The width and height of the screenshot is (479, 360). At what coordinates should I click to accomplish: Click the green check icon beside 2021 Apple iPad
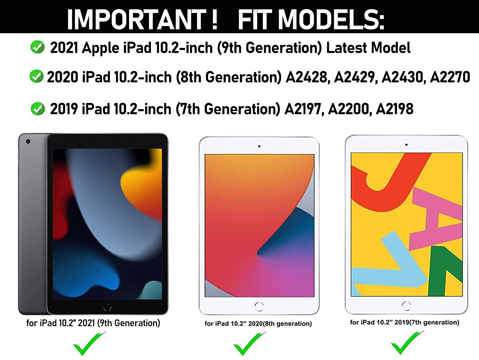(x=37, y=47)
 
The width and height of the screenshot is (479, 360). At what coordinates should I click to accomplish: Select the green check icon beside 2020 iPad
(x=37, y=76)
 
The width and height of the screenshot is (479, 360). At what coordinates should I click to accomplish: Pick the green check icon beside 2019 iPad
(x=38, y=109)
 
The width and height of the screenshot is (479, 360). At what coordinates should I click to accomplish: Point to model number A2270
(x=450, y=77)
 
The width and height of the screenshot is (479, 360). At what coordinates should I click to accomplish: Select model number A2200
(x=350, y=109)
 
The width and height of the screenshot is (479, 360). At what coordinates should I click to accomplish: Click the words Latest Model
(x=368, y=48)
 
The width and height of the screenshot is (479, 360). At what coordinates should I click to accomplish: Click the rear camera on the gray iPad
(x=28, y=141)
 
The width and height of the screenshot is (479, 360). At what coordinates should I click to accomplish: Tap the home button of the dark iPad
(x=107, y=307)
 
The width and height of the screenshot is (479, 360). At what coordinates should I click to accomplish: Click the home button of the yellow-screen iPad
(x=406, y=306)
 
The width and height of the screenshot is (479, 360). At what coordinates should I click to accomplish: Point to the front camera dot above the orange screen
(x=259, y=146)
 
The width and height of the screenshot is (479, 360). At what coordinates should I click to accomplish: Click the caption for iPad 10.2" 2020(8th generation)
(x=258, y=323)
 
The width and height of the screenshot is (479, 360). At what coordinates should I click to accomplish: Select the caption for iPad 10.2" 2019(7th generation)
(x=404, y=322)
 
